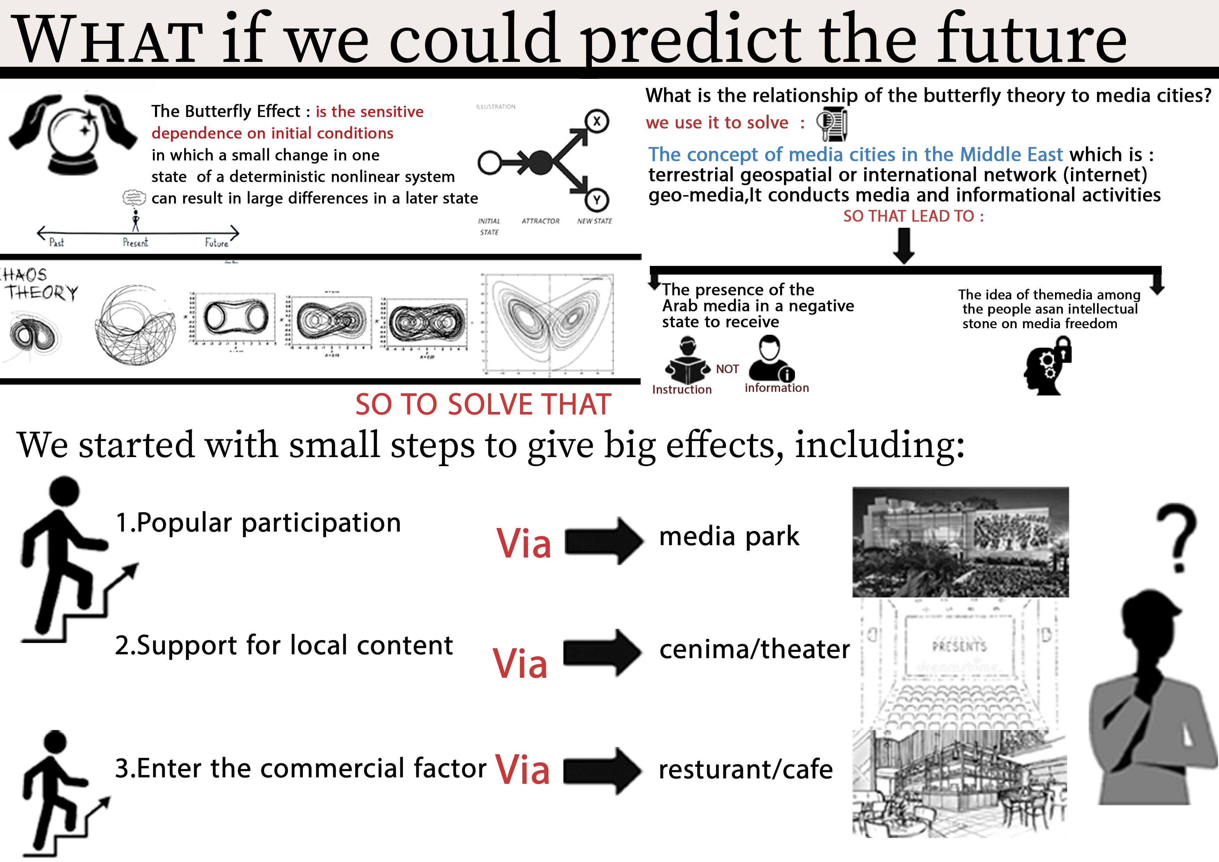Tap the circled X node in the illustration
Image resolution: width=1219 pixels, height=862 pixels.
[597, 121]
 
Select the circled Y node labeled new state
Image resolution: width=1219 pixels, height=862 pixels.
[597, 200]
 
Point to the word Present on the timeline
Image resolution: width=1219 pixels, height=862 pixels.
[136, 243]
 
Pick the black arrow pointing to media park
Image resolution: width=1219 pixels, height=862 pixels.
[603, 541]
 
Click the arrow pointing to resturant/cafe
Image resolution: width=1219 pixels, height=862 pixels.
[602, 771]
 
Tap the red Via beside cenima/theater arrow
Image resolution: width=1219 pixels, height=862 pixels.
[520, 664]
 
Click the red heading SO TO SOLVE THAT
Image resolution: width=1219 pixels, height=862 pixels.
[483, 405]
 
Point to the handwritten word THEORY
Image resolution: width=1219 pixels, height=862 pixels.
[42, 293]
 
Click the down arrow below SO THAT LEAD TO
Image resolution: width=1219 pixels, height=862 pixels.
[903, 245]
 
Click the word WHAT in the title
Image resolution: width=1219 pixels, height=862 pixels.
[109, 40]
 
